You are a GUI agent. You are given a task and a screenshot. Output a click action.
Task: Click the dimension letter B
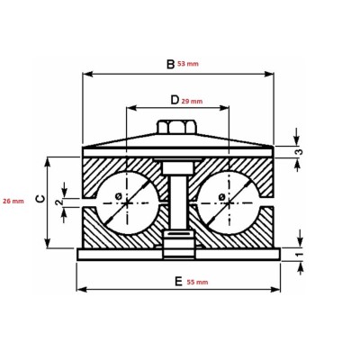[x=169, y=64]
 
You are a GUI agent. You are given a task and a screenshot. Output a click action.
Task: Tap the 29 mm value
[x=192, y=102]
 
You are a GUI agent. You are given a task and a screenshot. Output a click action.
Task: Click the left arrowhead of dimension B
[x=85, y=74]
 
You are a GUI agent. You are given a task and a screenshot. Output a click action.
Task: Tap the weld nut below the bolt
[x=176, y=241]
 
